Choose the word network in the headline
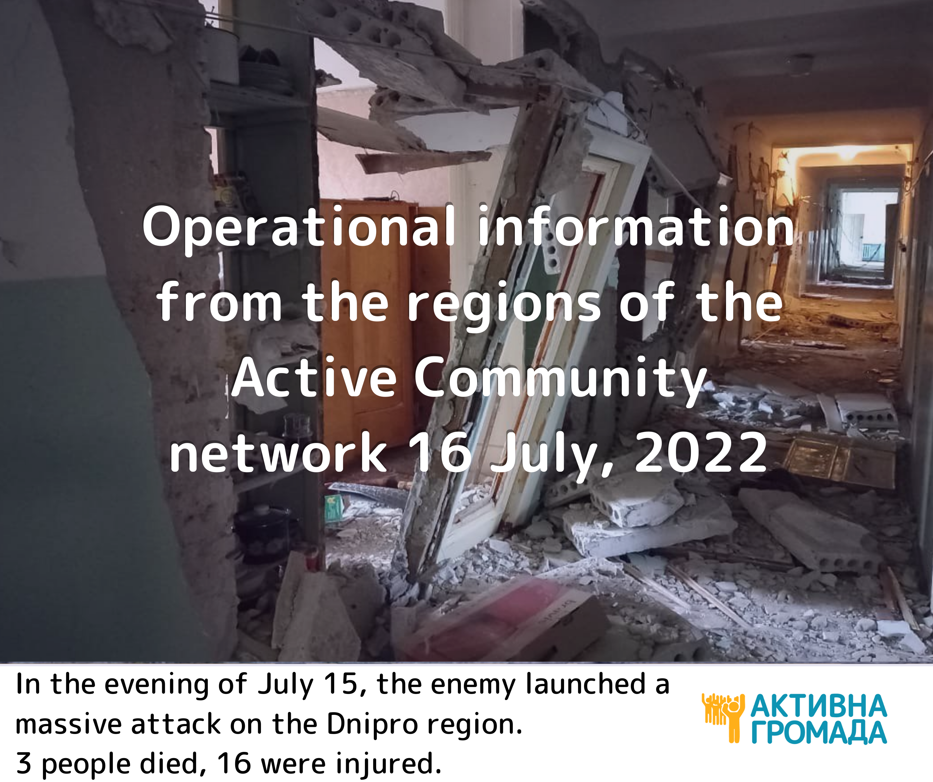coord(278,453)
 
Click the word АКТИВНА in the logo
coord(819,706)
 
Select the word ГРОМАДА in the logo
coord(819,733)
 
